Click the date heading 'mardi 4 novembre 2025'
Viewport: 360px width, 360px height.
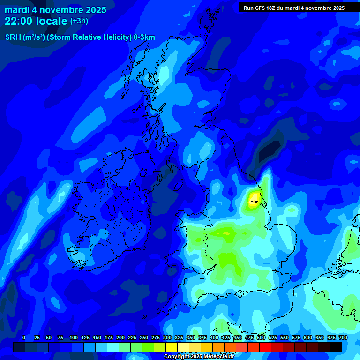(x=55, y=10)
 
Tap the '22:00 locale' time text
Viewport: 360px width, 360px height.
(x=36, y=21)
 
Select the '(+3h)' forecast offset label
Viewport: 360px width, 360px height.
(x=79, y=21)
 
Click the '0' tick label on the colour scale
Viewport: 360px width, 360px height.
(x=24, y=337)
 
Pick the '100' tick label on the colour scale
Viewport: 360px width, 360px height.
(x=74, y=337)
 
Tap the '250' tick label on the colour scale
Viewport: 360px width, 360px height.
(x=144, y=337)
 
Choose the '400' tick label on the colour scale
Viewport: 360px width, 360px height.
(x=214, y=337)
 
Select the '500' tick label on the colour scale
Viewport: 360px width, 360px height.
(x=261, y=337)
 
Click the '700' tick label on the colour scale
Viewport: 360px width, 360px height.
(x=343, y=337)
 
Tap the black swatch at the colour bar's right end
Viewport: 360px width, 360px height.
(x=336, y=347)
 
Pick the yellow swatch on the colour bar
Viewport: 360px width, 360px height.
(x=172, y=347)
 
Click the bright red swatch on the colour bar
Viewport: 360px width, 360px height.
(x=265, y=347)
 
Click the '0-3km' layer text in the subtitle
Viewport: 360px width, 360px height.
(x=144, y=37)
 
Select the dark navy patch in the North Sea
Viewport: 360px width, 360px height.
(x=270, y=152)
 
